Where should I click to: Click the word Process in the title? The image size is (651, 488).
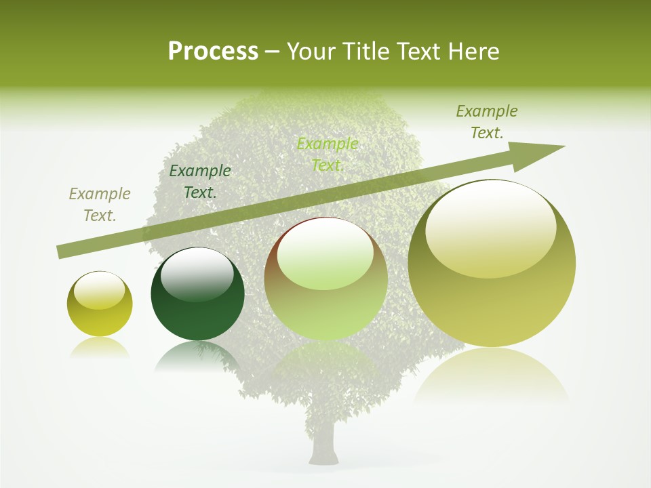tap(213, 52)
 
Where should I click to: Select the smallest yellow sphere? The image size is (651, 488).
tap(100, 304)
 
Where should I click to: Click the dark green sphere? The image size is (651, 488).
tap(197, 298)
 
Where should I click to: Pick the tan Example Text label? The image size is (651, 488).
tap(100, 205)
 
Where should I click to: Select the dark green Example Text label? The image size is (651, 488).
tap(200, 182)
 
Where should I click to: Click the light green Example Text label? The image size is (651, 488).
tap(328, 155)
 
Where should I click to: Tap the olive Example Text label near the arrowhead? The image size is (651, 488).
tap(487, 122)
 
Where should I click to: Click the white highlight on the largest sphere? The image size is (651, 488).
tap(490, 227)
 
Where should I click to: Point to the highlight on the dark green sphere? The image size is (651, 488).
tap(197, 274)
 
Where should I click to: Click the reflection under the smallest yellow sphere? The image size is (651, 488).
tap(100, 347)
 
